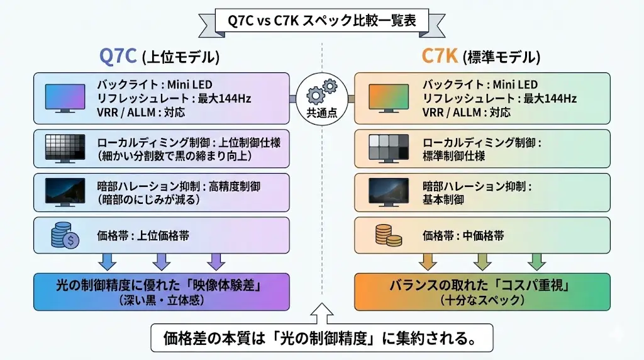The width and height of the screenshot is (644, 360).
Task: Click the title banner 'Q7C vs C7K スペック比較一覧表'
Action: tap(322, 21)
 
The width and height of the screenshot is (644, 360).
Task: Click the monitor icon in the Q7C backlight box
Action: tap(65, 98)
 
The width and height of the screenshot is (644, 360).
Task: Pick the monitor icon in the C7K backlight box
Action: tap(388, 98)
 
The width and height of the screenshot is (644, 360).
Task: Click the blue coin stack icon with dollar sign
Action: tap(65, 237)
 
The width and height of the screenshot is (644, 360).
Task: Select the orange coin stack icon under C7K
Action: tap(388, 236)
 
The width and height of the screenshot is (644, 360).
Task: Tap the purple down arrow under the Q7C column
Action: tap(216, 261)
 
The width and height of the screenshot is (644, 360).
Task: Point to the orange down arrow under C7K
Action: tap(428, 261)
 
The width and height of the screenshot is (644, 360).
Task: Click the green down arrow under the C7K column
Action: tap(536, 261)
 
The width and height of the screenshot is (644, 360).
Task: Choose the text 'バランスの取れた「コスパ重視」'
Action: tap(482, 286)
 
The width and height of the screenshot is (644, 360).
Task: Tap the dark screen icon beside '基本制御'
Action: tap(388, 193)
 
